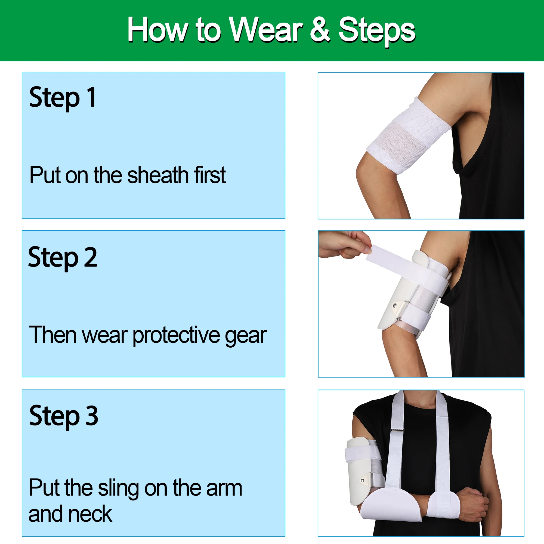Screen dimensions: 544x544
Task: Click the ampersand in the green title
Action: (x=320, y=29)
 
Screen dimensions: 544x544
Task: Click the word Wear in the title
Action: (x=265, y=29)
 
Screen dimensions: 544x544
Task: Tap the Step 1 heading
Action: (x=63, y=97)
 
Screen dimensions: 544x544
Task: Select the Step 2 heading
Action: (x=63, y=257)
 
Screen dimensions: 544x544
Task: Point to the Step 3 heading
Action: (x=64, y=416)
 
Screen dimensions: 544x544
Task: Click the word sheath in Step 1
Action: (x=156, y=175)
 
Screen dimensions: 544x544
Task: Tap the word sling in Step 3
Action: (x=118, y=488)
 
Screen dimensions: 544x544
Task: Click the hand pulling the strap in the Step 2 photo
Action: (x=344, y=243)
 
